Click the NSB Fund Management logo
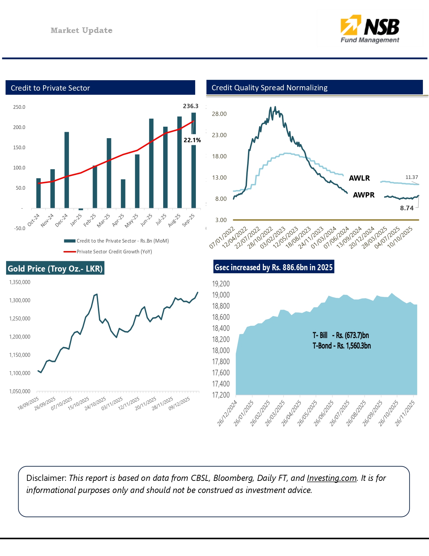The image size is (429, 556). [370, 29]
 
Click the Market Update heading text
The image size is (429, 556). [81, 30]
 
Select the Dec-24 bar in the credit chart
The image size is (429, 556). [67, 170]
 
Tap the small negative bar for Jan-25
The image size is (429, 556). [81, 209]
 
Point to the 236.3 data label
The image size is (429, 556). [190, 106]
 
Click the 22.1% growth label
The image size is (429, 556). [192, 140]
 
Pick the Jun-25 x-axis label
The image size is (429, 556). [147, 220]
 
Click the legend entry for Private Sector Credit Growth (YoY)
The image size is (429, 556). [114, 252]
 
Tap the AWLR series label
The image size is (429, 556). [359, 178]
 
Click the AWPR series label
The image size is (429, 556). [363, 195]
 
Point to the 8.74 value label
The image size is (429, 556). [406, 208]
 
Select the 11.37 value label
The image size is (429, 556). [412, 177]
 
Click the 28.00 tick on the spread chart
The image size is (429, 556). [219, 114]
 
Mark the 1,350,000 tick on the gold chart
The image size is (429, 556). [20, 282]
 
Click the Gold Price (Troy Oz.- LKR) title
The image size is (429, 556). [55, 269]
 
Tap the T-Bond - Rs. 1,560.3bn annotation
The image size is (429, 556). [342, 346]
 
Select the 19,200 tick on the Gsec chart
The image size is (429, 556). [221, 284]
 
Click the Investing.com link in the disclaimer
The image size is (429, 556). [331, 478]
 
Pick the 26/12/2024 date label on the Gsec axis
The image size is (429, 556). [227, 413]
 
